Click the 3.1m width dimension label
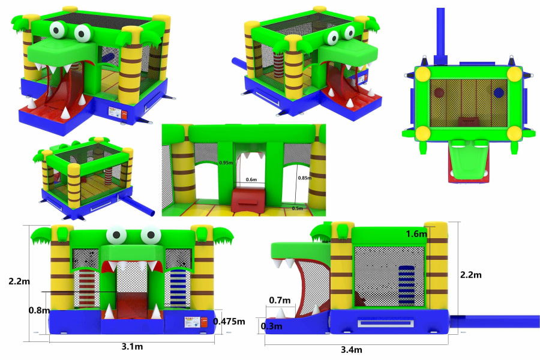[133, 347]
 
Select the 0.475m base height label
[229, 322]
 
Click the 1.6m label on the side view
[416, 233]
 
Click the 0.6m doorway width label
[251, 179]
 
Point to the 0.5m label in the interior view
[297, 208]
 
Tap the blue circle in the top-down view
[498, 93]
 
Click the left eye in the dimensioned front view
[116, 235]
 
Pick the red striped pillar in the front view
[88, 288]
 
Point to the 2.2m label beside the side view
[471, 275]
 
